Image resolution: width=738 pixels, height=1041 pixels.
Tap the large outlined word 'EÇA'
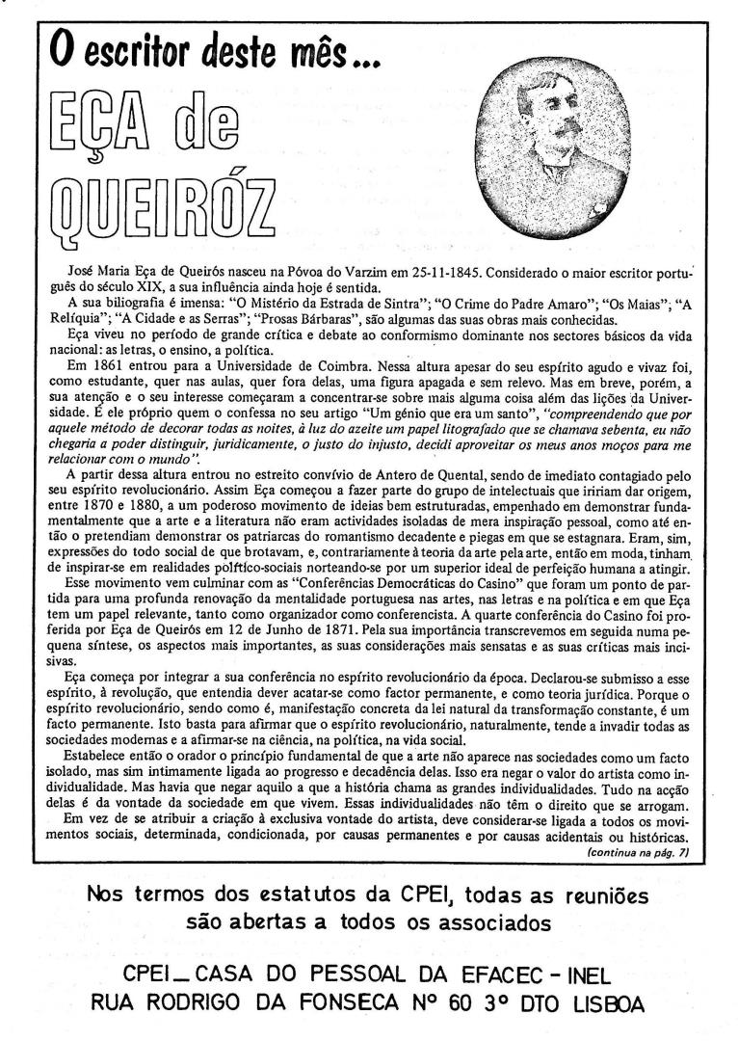pyautogui.click(x=109, y=130)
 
